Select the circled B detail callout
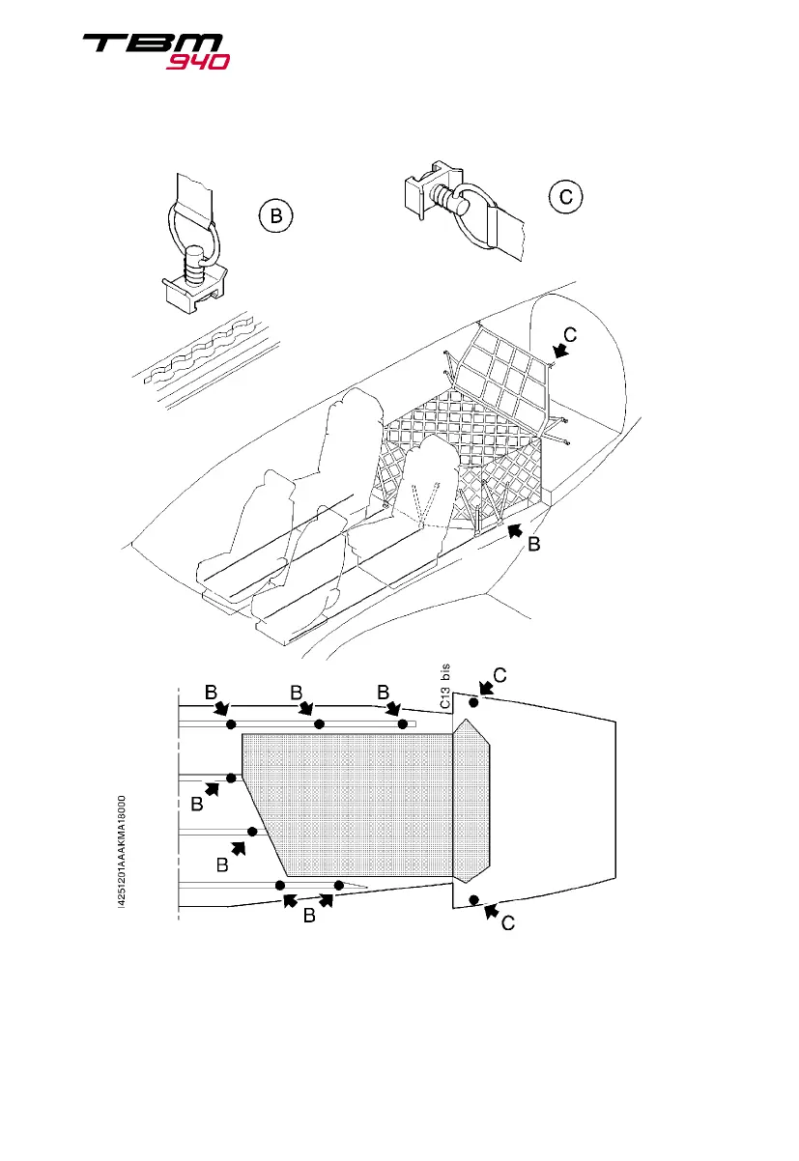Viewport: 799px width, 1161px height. pos(275,218)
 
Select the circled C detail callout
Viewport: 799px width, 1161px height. pos(566,197)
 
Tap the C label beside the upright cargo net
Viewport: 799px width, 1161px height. pos(571,335)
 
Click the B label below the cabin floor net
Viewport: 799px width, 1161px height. pos(532,546)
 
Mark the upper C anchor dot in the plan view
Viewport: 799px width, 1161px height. pos(473,702)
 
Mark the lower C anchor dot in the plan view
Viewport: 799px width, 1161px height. pos(473,900)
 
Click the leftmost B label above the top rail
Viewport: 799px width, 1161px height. pos(211,693)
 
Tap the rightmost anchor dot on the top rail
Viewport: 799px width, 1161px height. pos(403,723)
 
